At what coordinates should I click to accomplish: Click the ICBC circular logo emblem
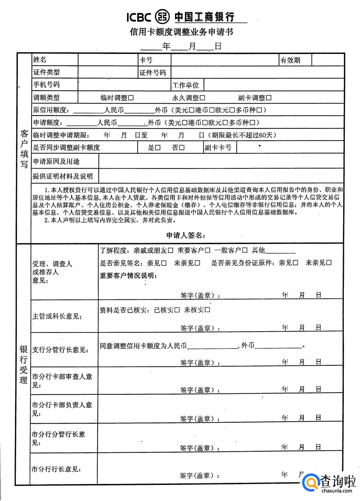click(163, 16)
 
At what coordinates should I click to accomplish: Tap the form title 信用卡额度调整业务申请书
click(181, 32)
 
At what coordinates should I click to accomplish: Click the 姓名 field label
click(40, 60)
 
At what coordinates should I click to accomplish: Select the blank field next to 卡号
click(225, 60)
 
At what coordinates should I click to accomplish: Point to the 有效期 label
click(290, 60)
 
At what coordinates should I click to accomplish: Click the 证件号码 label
click(152, 73)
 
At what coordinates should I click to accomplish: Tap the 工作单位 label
click(186, 85)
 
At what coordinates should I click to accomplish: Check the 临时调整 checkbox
click(131, 98)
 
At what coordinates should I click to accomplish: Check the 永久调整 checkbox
click(202, 98)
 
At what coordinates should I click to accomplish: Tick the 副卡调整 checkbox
click(269, 98)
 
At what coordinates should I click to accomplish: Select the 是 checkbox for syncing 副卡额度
click(158, 148)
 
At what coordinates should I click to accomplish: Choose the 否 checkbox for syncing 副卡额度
click(182, 148)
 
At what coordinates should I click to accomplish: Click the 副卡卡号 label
click(218, 148)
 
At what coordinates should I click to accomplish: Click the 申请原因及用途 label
click(56, 162)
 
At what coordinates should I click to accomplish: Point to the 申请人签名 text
click(186, 235)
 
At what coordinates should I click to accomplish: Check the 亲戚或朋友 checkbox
click(170, 250)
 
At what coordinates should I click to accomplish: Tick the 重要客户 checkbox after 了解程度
click(207, 250)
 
